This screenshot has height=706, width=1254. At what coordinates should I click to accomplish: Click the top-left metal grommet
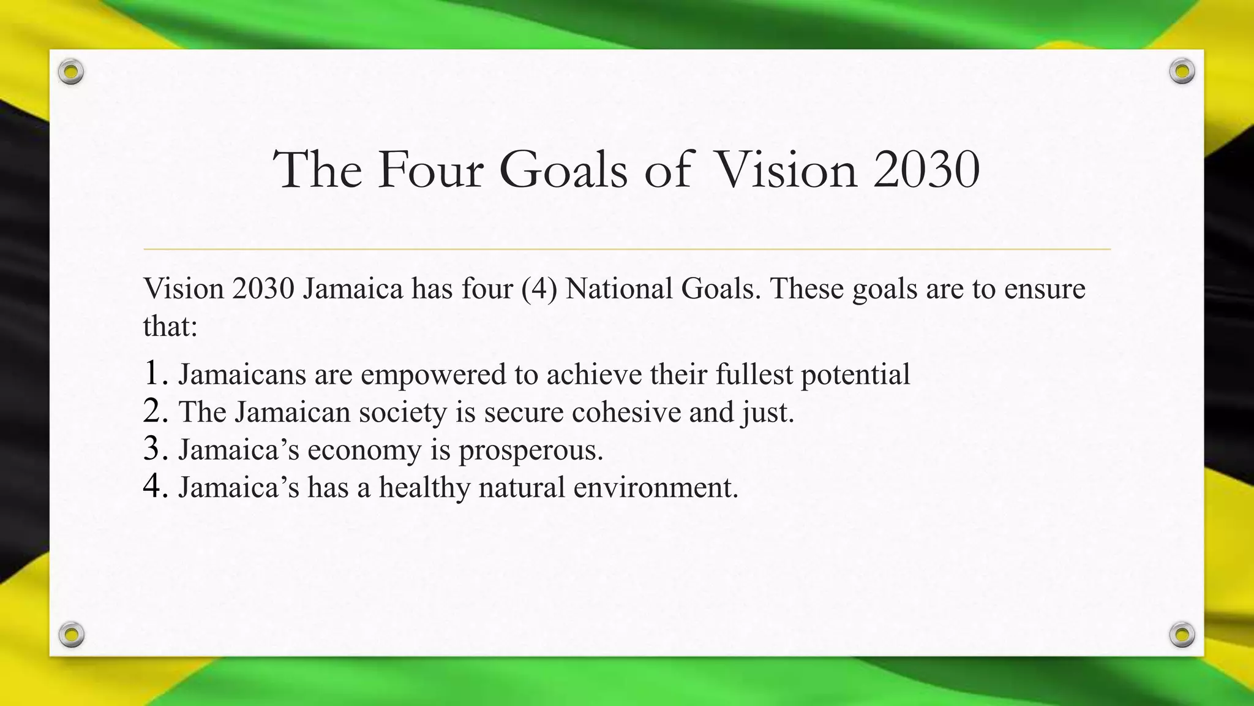pyautogui.click(x=71, y=72)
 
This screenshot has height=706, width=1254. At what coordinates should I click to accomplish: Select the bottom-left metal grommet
pyautogui.click(x=71, y=634)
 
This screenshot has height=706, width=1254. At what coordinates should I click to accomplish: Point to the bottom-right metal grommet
pyautogui.click(x=1182, y=634)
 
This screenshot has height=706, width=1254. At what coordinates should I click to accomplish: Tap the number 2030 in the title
pyautogui.click(x=926, y=169)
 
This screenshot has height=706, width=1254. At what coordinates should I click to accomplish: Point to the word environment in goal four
pyautogui.click(x=655, y=488)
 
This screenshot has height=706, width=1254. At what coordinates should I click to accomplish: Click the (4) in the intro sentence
pyautogui.click(x=539, y=289)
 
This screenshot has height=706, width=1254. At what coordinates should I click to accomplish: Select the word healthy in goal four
pyautogui.click(x=424, y=488)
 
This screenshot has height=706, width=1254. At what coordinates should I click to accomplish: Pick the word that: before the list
pyautogui.click(x=170, y=326)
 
